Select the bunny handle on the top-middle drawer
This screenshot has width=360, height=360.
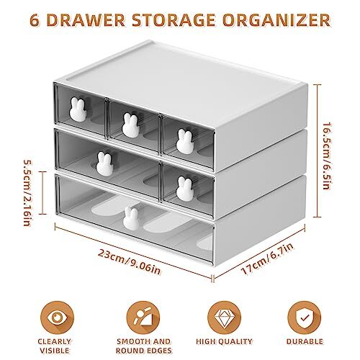pos(130,122)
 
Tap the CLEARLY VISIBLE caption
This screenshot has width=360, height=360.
pos(55,346)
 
